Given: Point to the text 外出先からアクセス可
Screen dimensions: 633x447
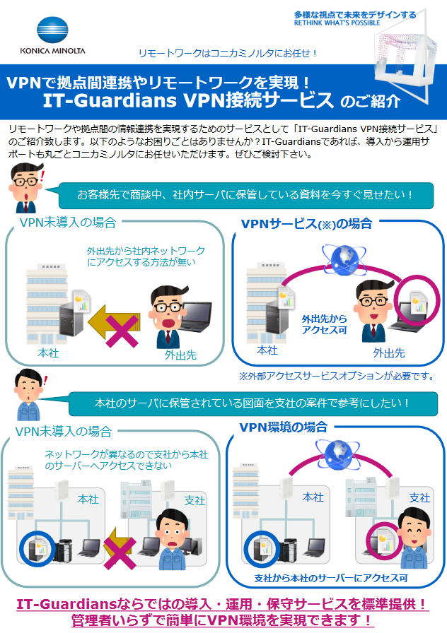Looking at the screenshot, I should [x=324, y=324].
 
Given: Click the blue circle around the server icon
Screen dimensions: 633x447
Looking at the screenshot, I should [x=33, y=545].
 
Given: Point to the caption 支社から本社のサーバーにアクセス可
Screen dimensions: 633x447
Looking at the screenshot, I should [x=331, y=578].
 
